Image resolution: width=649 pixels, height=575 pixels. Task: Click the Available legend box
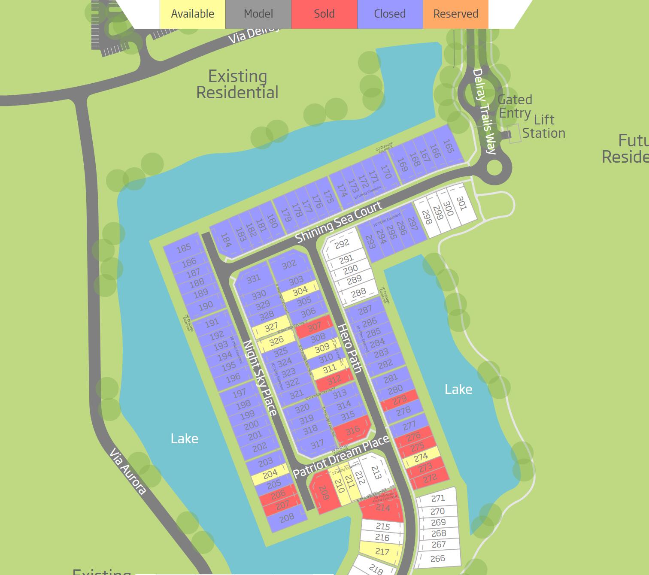pos(192,14)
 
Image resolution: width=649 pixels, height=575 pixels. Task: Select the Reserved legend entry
pos(455,14)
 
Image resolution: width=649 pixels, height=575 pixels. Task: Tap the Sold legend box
pos(324,14)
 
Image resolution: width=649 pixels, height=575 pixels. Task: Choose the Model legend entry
pos(258,14)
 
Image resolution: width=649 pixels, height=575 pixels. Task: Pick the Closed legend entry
pos(390,14)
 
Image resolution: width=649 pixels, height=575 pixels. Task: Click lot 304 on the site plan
pos(300,292)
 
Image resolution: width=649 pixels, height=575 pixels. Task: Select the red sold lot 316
pos(352,430)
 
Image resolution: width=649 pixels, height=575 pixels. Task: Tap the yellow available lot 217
pos(382,551)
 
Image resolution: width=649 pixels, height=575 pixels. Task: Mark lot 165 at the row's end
pos(448,146)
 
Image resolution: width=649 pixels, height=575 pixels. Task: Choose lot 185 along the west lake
pos(183,248)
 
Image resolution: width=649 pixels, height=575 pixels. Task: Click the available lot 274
pos(421,457)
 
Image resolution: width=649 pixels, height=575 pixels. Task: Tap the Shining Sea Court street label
pos(339,222)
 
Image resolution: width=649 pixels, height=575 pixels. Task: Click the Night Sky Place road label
pos(260,378)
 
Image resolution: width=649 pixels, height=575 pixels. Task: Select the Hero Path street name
pos(350,348)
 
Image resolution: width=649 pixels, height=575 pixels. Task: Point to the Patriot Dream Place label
pos(341,456)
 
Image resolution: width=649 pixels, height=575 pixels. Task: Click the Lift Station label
pos(543,126)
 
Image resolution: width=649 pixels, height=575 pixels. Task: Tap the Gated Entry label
pos(515,106)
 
